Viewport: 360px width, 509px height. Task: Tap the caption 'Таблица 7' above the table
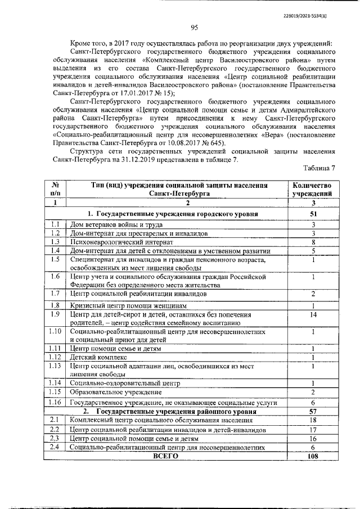(x=319, y=169)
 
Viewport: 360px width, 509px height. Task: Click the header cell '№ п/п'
(x=55, y=188)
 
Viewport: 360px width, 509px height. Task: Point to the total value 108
(x=313, y=456)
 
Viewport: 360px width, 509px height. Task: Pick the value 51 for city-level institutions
(x=313, y=214)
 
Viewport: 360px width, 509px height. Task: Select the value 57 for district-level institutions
(x=313, y=411)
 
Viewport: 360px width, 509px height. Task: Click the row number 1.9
(x=55, y=314)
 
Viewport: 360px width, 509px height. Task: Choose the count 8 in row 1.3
(x=313, y=242)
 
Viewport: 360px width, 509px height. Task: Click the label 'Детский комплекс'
(x=98, y=357)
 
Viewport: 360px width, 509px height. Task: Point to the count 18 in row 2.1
(x=313, y=420)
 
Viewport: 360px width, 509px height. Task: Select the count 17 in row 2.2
(x=313, y=430)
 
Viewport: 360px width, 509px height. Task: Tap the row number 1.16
(x=55, y=403)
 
